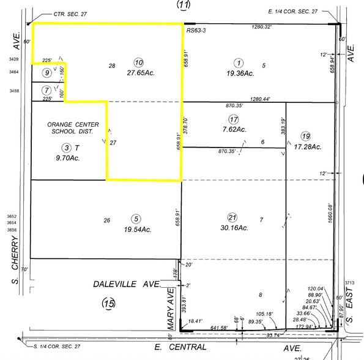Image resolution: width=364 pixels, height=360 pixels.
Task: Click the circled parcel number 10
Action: pyautogui.click(x=139, y=62)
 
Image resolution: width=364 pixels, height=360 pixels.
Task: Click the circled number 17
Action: pyautogui.click(x=233, y=119)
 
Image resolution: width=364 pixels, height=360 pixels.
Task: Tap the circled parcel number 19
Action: pyautogui.click(x=306, y=135)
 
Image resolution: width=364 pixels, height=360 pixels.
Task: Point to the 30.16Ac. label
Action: pyautogui.click(x=232, y=228)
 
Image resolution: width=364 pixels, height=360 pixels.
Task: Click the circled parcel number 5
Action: pyautogui.click(x=136, y=219)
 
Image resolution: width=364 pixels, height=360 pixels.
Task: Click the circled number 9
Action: pyautogui.click(x=46, y=72)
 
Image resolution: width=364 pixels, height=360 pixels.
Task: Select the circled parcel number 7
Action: pyautogui.click(x=46, y=89)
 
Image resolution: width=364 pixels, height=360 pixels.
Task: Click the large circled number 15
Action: pyautogui.click(x=108, y=302)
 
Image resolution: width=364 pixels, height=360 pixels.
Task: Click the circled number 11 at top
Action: pyautogui.click(x=184, y=5)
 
